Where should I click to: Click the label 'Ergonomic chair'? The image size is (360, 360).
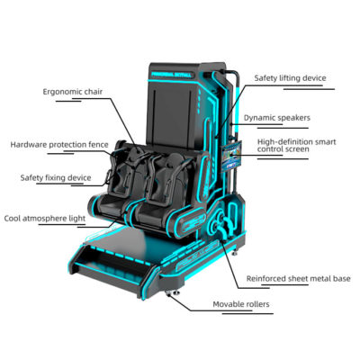click(73, 92)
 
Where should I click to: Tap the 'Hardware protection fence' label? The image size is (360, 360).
click(59, 145)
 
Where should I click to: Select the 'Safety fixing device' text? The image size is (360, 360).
click(56, 178)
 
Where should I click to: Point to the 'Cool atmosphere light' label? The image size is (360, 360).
click(45, 219)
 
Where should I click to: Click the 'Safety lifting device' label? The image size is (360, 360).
click(290, 78)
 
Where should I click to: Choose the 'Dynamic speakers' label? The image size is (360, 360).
click(277, 118)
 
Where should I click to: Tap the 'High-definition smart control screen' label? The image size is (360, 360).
click(297, 146)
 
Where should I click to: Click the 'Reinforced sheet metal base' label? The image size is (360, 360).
click(299, 279)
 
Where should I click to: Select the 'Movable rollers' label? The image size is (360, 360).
click(241, 304)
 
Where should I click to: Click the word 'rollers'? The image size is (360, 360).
click(256, 304)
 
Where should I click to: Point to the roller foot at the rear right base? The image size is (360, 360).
click(236, 253)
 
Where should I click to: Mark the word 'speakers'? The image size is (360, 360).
click(293, 118)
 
